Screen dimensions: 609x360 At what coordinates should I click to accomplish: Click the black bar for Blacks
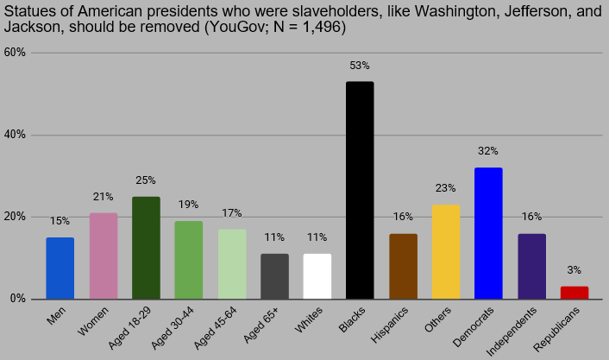click(360, 190)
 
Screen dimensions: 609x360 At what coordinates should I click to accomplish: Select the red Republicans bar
click(574, 293)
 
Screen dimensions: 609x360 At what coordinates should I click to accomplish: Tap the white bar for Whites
click(317, 276)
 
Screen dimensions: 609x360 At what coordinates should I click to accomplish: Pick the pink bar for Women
click(104, 256)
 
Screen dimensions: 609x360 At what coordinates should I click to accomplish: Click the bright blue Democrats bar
click(488, 233)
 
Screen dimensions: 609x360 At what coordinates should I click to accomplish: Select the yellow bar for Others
click(446, 252)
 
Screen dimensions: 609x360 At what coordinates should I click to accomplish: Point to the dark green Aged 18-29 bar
click(146, 248)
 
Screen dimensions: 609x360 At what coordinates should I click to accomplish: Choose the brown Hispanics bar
click(403, 266)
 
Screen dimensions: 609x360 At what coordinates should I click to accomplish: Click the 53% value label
click(360, 66)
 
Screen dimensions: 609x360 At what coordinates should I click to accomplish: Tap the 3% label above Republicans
click(574, 270)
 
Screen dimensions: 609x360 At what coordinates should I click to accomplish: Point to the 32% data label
click(488, 151)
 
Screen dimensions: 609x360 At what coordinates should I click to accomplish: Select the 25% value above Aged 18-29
click(146, 180)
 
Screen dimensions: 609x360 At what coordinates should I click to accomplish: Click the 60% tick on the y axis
click(15, 53)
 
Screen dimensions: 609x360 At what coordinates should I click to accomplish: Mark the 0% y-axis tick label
click(18, 299)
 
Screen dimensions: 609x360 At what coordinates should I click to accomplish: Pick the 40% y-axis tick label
click(15, 135)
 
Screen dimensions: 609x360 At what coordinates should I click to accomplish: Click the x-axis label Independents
click(512, 332)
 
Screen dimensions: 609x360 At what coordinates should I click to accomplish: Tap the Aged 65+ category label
click(261, 325)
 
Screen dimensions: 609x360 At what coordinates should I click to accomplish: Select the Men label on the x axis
click(56, 316)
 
